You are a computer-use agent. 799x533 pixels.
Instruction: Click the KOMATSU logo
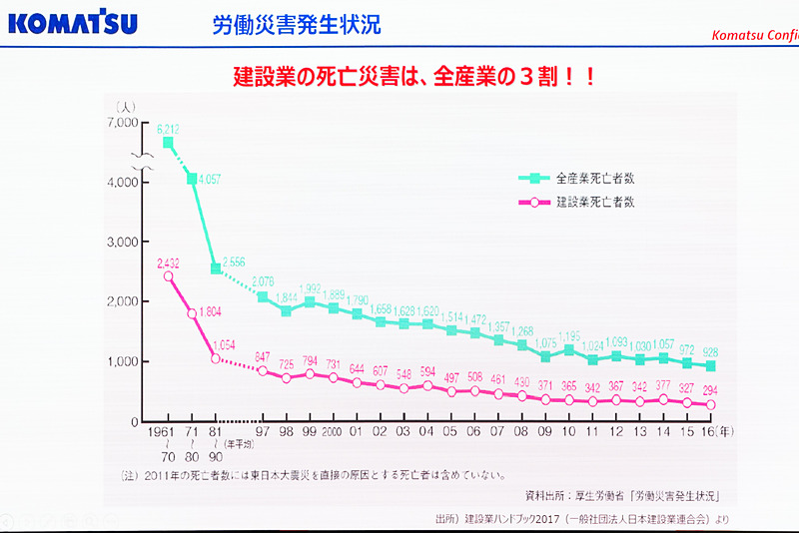pyautogui.click(x=71, y=23)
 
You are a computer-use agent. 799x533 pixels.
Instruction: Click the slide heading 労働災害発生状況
pyautogui.click(x=297, y=24)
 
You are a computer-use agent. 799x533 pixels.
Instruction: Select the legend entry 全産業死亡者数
pyautogui.click(x=596, y=179)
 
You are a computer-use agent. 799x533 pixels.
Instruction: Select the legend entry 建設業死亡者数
pyautogui.click(x=596, y=202)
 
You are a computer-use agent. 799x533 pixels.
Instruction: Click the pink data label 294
pyautogui.click(x=710, y=389)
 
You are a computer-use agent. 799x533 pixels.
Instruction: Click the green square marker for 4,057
pyautogui.click(x=192, y=179)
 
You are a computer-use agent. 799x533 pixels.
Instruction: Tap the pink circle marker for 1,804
pyautogui.click(x=192, y=313)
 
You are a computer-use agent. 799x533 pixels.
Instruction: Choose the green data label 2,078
pyautogui.click(x=263, y=282)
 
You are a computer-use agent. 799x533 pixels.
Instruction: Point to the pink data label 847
pyautogui.click(x=263, y=356)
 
